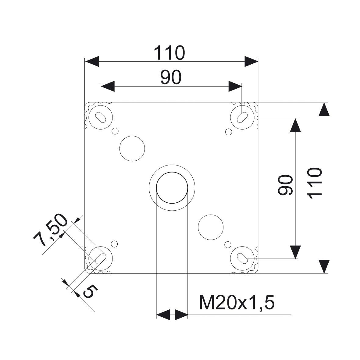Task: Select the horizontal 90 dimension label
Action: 171,77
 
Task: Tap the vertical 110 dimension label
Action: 315,183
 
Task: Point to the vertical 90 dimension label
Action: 285,185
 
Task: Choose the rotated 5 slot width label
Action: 91,291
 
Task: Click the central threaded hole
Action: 172,188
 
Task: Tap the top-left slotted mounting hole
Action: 101,117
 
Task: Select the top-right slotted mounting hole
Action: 242,117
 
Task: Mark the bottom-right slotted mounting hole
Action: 242,258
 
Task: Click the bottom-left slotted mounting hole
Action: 101,258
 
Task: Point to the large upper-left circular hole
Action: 132,148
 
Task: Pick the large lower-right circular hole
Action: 211,227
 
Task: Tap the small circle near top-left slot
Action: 115,131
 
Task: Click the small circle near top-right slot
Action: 228,132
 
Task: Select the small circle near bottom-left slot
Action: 114,244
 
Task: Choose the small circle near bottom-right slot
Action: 228,245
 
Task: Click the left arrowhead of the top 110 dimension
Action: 92,61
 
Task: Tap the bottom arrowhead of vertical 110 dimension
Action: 324,266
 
